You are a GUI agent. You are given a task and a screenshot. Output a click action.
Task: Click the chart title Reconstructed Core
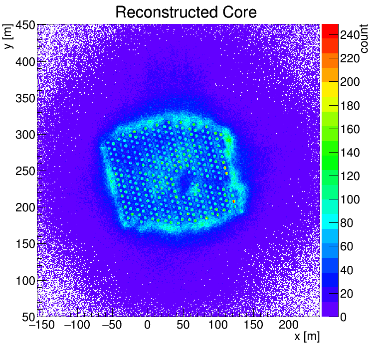pyautogui.click(x=186, y=12)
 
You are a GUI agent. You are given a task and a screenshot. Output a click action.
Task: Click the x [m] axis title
pyautogui.click(x=306, y=337)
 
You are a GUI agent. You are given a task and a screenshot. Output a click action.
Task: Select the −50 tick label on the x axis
pyautogui.click(x=112, y=326)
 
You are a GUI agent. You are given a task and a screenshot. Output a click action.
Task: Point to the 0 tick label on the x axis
pyautogui.click(x=147, y=326)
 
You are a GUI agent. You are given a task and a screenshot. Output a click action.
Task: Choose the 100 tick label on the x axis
pyautogui.click(x=218, y=326)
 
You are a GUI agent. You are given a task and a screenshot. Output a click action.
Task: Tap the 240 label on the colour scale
pyautogui.click(x=350, y=35)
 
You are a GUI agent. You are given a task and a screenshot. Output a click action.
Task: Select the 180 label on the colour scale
pyautogui.click(x=350, y=106)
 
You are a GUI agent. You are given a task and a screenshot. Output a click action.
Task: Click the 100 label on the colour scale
pyautogui.click(x=350, y=200)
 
